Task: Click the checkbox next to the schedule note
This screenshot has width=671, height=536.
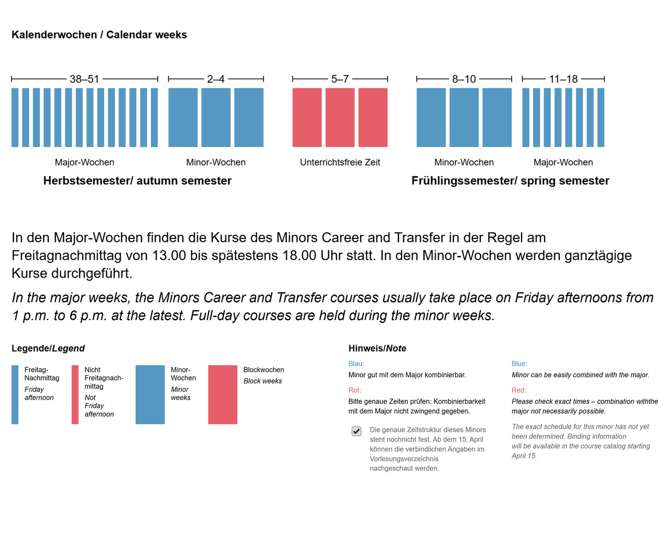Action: [356, 431]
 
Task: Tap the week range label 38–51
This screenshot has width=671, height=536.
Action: [84, 79]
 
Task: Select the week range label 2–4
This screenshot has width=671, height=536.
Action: [215, 79]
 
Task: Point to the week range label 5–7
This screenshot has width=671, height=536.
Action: [340, 79]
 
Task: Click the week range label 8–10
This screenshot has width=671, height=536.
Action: [464, 79]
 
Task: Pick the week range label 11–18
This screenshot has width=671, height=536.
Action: [563, 79]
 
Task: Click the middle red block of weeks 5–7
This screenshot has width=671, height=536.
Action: [340, 117]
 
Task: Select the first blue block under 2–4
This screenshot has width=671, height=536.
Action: [183, 117]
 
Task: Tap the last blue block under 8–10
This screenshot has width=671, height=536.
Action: [497, 117]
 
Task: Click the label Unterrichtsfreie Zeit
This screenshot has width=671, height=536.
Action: [340, 162]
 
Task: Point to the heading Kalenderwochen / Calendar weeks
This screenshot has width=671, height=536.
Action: [99, 35]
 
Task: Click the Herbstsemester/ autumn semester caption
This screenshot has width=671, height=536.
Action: [137, 181]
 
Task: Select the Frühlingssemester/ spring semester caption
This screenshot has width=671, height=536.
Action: [510, 181]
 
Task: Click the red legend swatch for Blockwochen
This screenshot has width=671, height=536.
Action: [223, 395]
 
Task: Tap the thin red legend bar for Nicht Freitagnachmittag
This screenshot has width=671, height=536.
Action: [75, 395]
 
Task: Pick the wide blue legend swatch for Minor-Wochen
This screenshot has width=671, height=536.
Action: [150, 395]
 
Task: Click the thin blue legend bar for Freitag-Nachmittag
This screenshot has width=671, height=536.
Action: [15, 395]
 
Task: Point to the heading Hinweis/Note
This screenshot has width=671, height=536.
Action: [377, 348]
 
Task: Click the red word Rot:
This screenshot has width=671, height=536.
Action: [355, 390]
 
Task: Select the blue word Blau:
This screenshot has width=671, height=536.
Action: [356, 364]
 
